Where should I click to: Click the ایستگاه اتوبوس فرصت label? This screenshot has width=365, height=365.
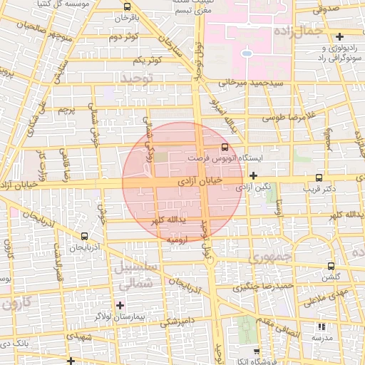(217, 158)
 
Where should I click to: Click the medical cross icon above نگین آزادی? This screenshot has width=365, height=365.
(253, 175)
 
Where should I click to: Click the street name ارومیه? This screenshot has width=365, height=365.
(178, 241)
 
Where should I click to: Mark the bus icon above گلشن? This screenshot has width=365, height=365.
(330, 266)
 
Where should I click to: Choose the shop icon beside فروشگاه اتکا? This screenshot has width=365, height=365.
(257, 351)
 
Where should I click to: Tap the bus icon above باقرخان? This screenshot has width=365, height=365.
(126, 6)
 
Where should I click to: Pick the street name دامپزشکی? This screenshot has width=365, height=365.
(175, 322)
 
